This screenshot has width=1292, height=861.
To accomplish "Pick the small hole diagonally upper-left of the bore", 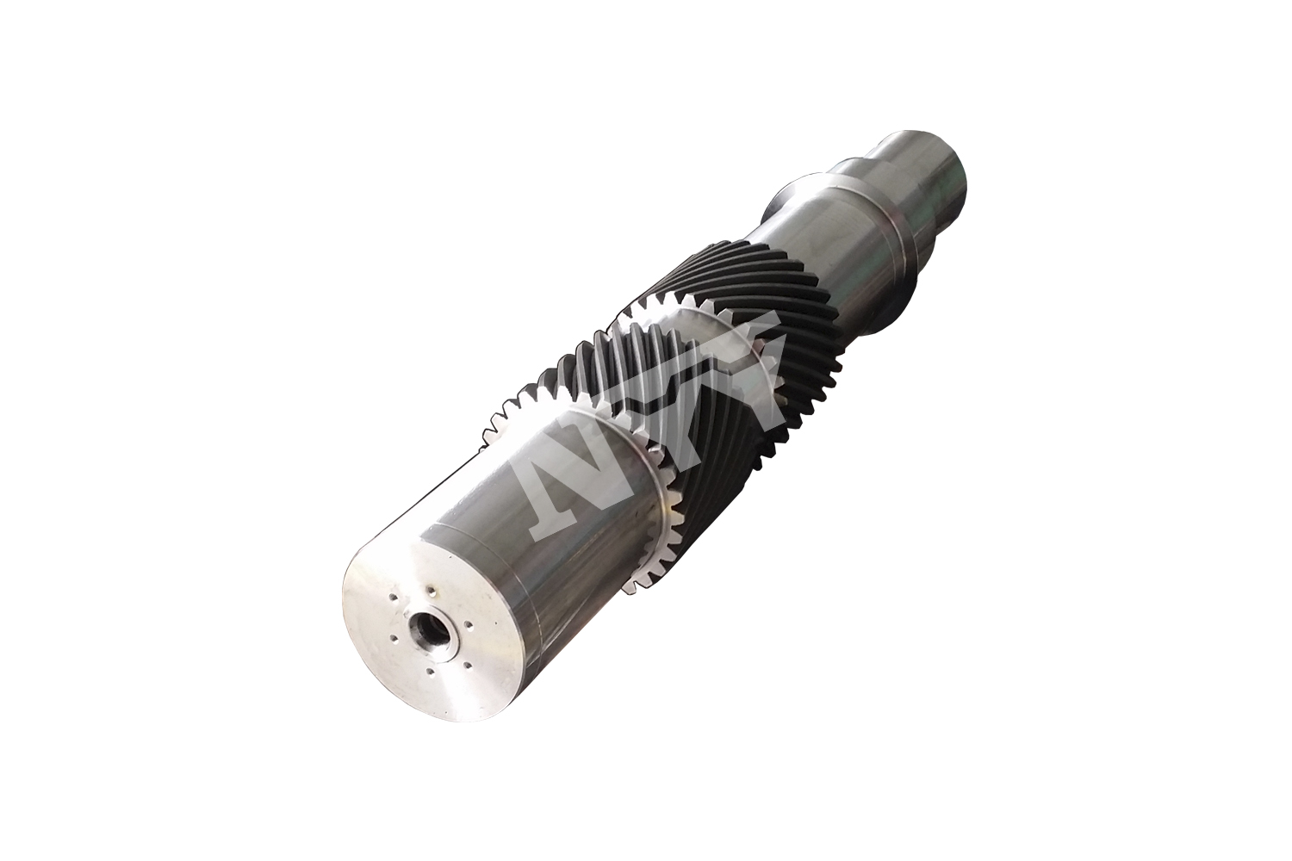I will click(x=393, y=597).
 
